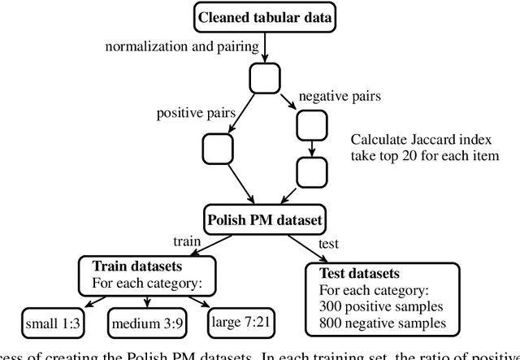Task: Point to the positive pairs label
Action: pyautogui.click(x=190, y=112)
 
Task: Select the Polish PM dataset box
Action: pyautogui.click(x=265, y=219)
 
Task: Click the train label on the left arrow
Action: pyautogui.click(x=188, y=241)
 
